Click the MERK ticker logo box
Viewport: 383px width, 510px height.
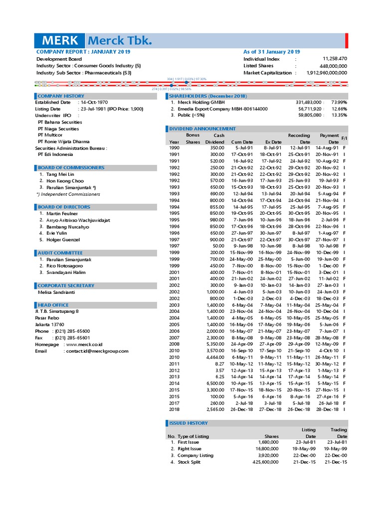[60, 41]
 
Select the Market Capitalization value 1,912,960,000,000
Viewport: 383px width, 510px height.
[327, 73]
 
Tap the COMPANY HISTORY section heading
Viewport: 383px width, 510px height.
[61, 96]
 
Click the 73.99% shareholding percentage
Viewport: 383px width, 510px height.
[339, 102]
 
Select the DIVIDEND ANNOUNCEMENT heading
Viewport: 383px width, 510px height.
[202, 128]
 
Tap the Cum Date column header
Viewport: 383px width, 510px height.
[242, 142]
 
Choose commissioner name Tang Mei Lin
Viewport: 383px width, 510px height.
[60, 174]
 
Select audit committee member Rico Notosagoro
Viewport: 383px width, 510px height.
[64, 266]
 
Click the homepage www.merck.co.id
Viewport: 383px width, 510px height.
[83, 345]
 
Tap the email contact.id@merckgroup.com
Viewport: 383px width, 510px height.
[96, 351]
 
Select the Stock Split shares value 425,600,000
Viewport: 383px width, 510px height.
[262, 462]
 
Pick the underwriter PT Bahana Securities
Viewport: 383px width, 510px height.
[60, 122]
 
